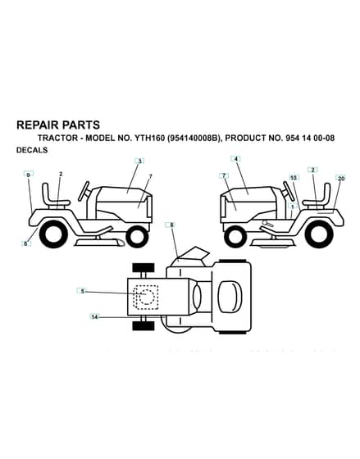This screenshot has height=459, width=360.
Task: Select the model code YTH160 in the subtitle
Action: pyautogui.click(x=150, y=138)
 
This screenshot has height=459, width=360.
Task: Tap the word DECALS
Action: pyautogui.click(x=32, y=150)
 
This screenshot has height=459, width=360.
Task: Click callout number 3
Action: pyautogui.click(x=139, y=161)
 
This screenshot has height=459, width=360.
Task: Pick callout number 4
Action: pyautogui.click(x=235, y=159)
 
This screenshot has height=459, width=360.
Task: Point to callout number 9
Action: pyautogui.click(x=29, y=174)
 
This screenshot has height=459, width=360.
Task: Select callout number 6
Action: pyautogui.click(x=25, y=243)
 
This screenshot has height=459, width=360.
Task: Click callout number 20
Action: pyautogui.click(x=341, y=178)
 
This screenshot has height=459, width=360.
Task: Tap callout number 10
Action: pyautogui.click(x=294, y=178)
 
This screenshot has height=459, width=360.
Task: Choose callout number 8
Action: pyautogui.click(x=172, y=225)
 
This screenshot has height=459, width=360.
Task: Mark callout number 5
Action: pyautogui.click(x=83, y=291)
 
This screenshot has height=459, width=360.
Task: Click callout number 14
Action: pyautogui.click(x=94, y=316)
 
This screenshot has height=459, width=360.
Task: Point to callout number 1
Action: pyautogui.click(x=292, y=206)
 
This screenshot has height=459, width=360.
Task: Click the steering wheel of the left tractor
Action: pyautogui.click(x=85, y=190)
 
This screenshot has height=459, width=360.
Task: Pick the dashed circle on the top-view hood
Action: pyautogui.click(x=147, y=297)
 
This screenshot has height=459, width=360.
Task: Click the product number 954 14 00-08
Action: pyautogui.click(x=309, y=138)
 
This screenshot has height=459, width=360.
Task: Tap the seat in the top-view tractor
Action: pyautogui.click(x=230, y=296)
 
